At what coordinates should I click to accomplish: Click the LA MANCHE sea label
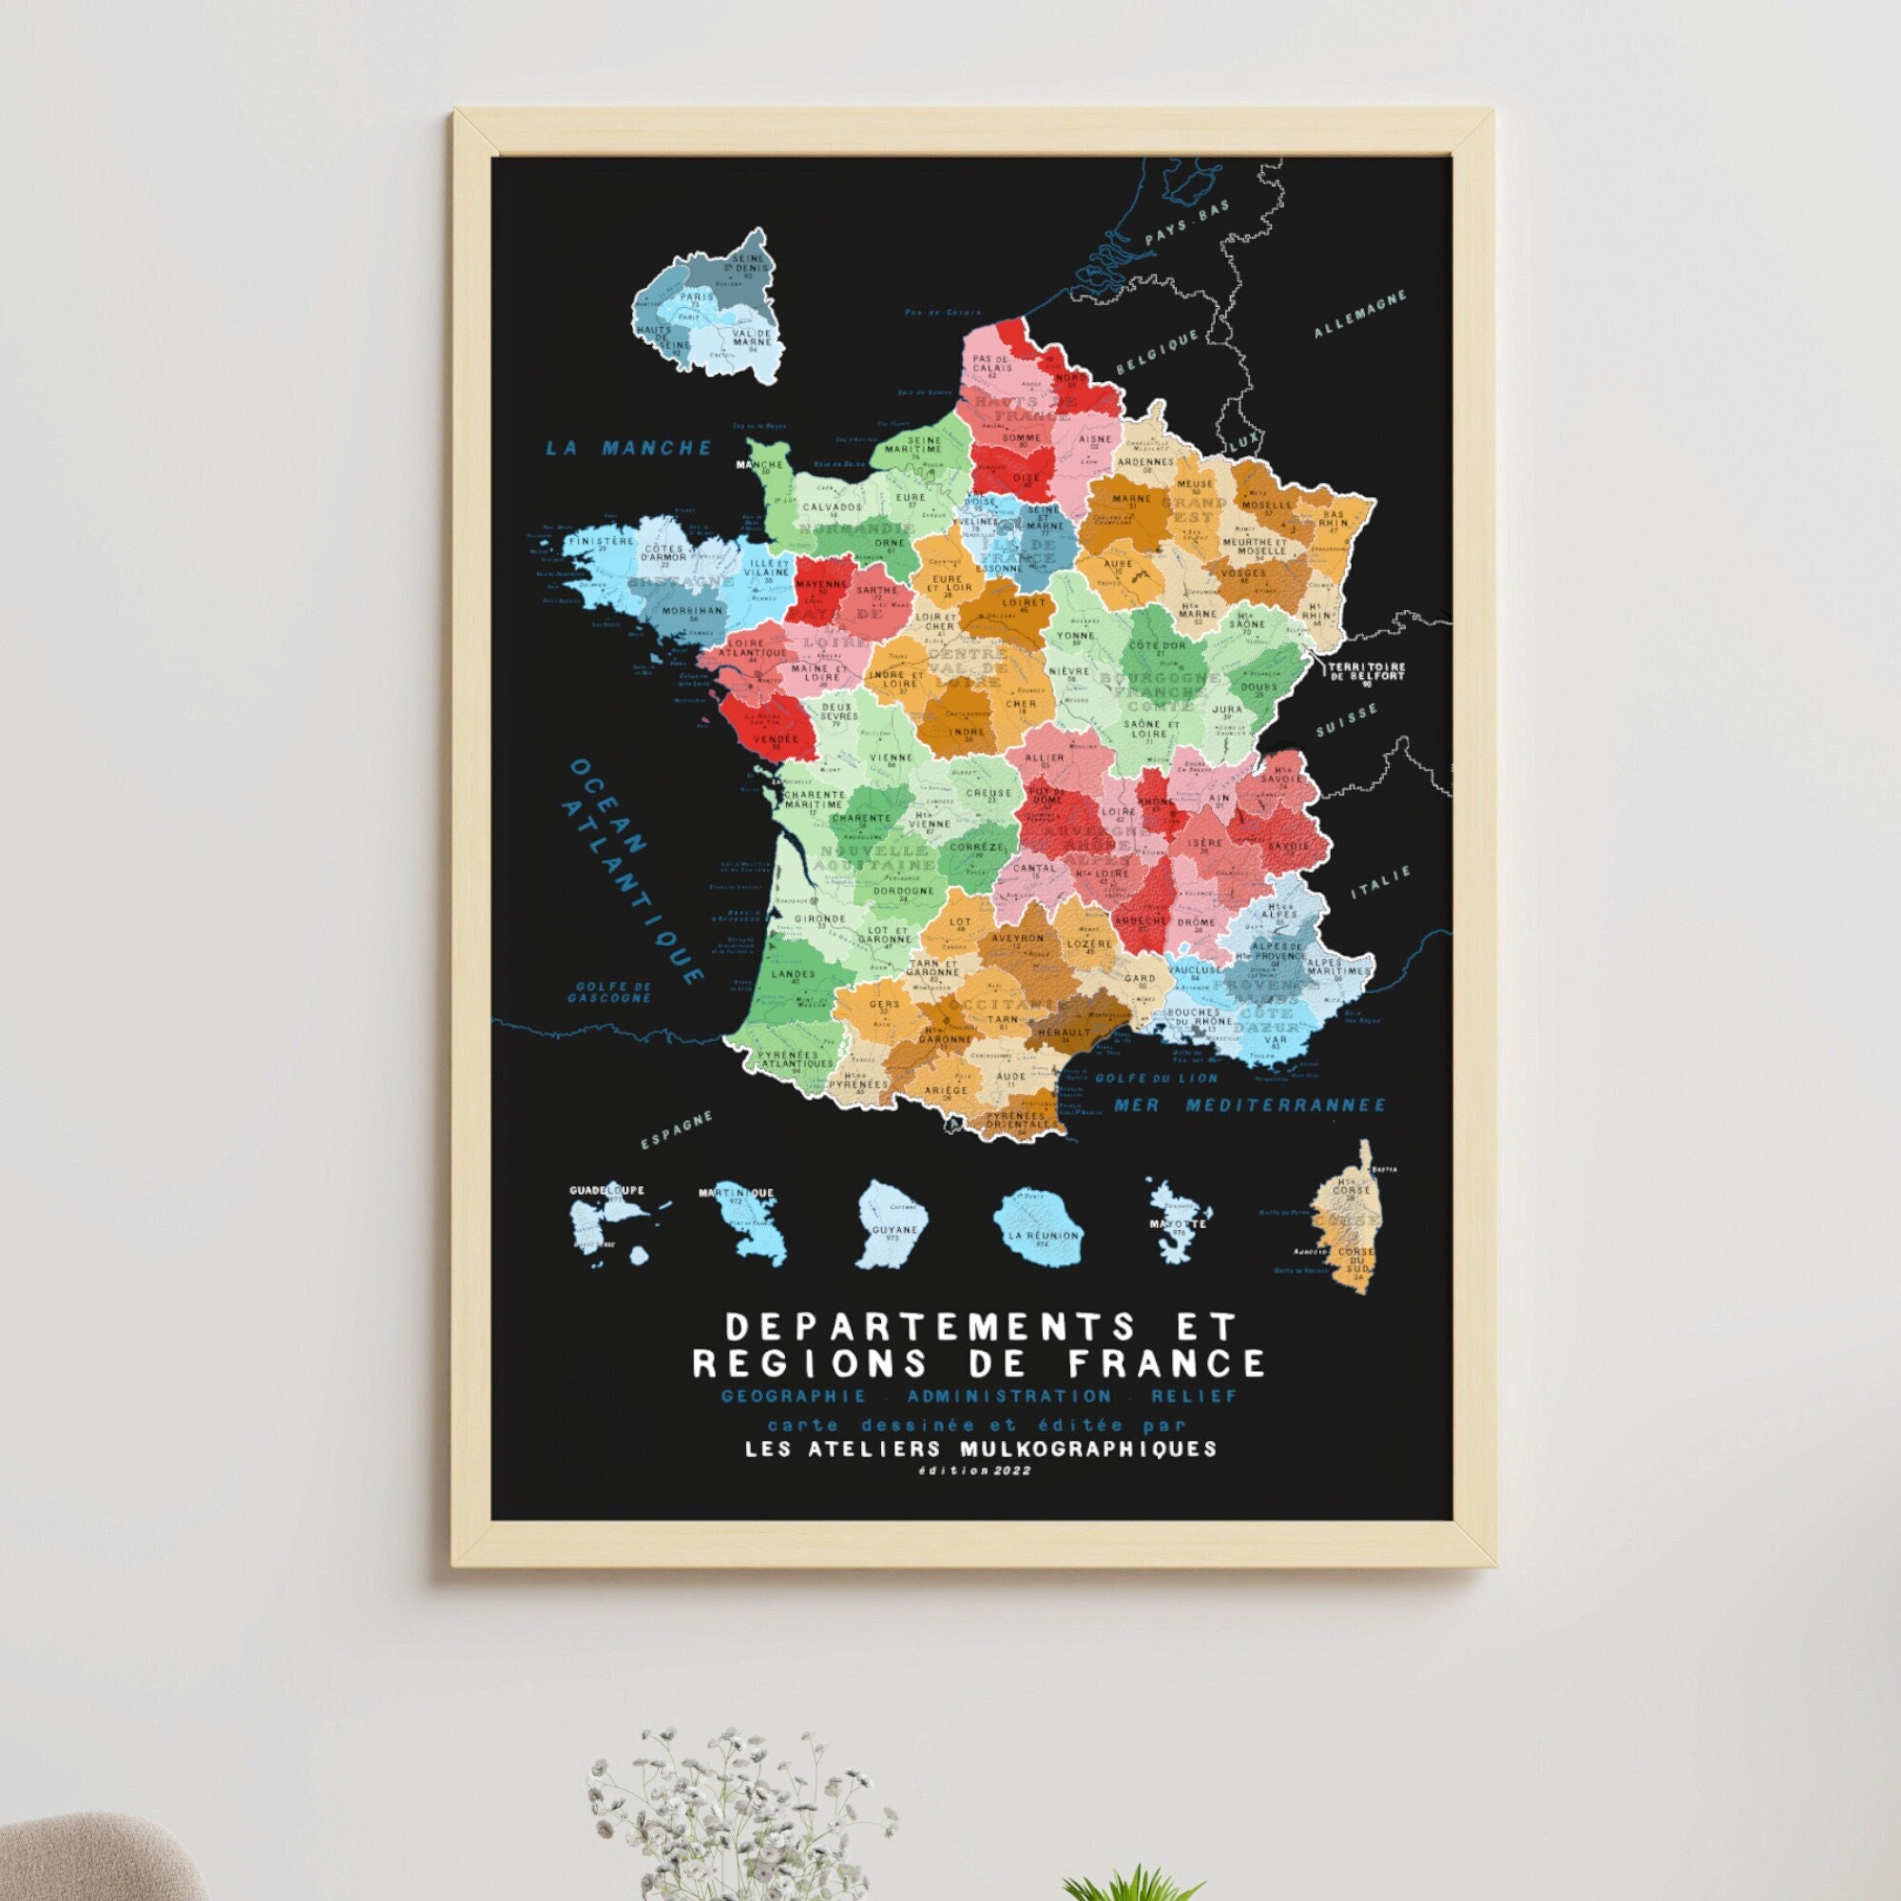627,448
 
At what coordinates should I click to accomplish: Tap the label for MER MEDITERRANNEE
1249,1106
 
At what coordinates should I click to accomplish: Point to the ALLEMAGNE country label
1361,314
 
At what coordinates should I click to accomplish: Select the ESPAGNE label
676,1130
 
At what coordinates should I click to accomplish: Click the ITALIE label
1380,882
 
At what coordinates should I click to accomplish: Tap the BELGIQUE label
1157,352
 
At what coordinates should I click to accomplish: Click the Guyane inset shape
887,1222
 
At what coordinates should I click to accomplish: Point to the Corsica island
1348,1220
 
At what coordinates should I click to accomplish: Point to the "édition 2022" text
974,1471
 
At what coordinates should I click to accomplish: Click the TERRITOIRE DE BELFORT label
1368,671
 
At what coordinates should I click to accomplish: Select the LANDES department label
795,974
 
